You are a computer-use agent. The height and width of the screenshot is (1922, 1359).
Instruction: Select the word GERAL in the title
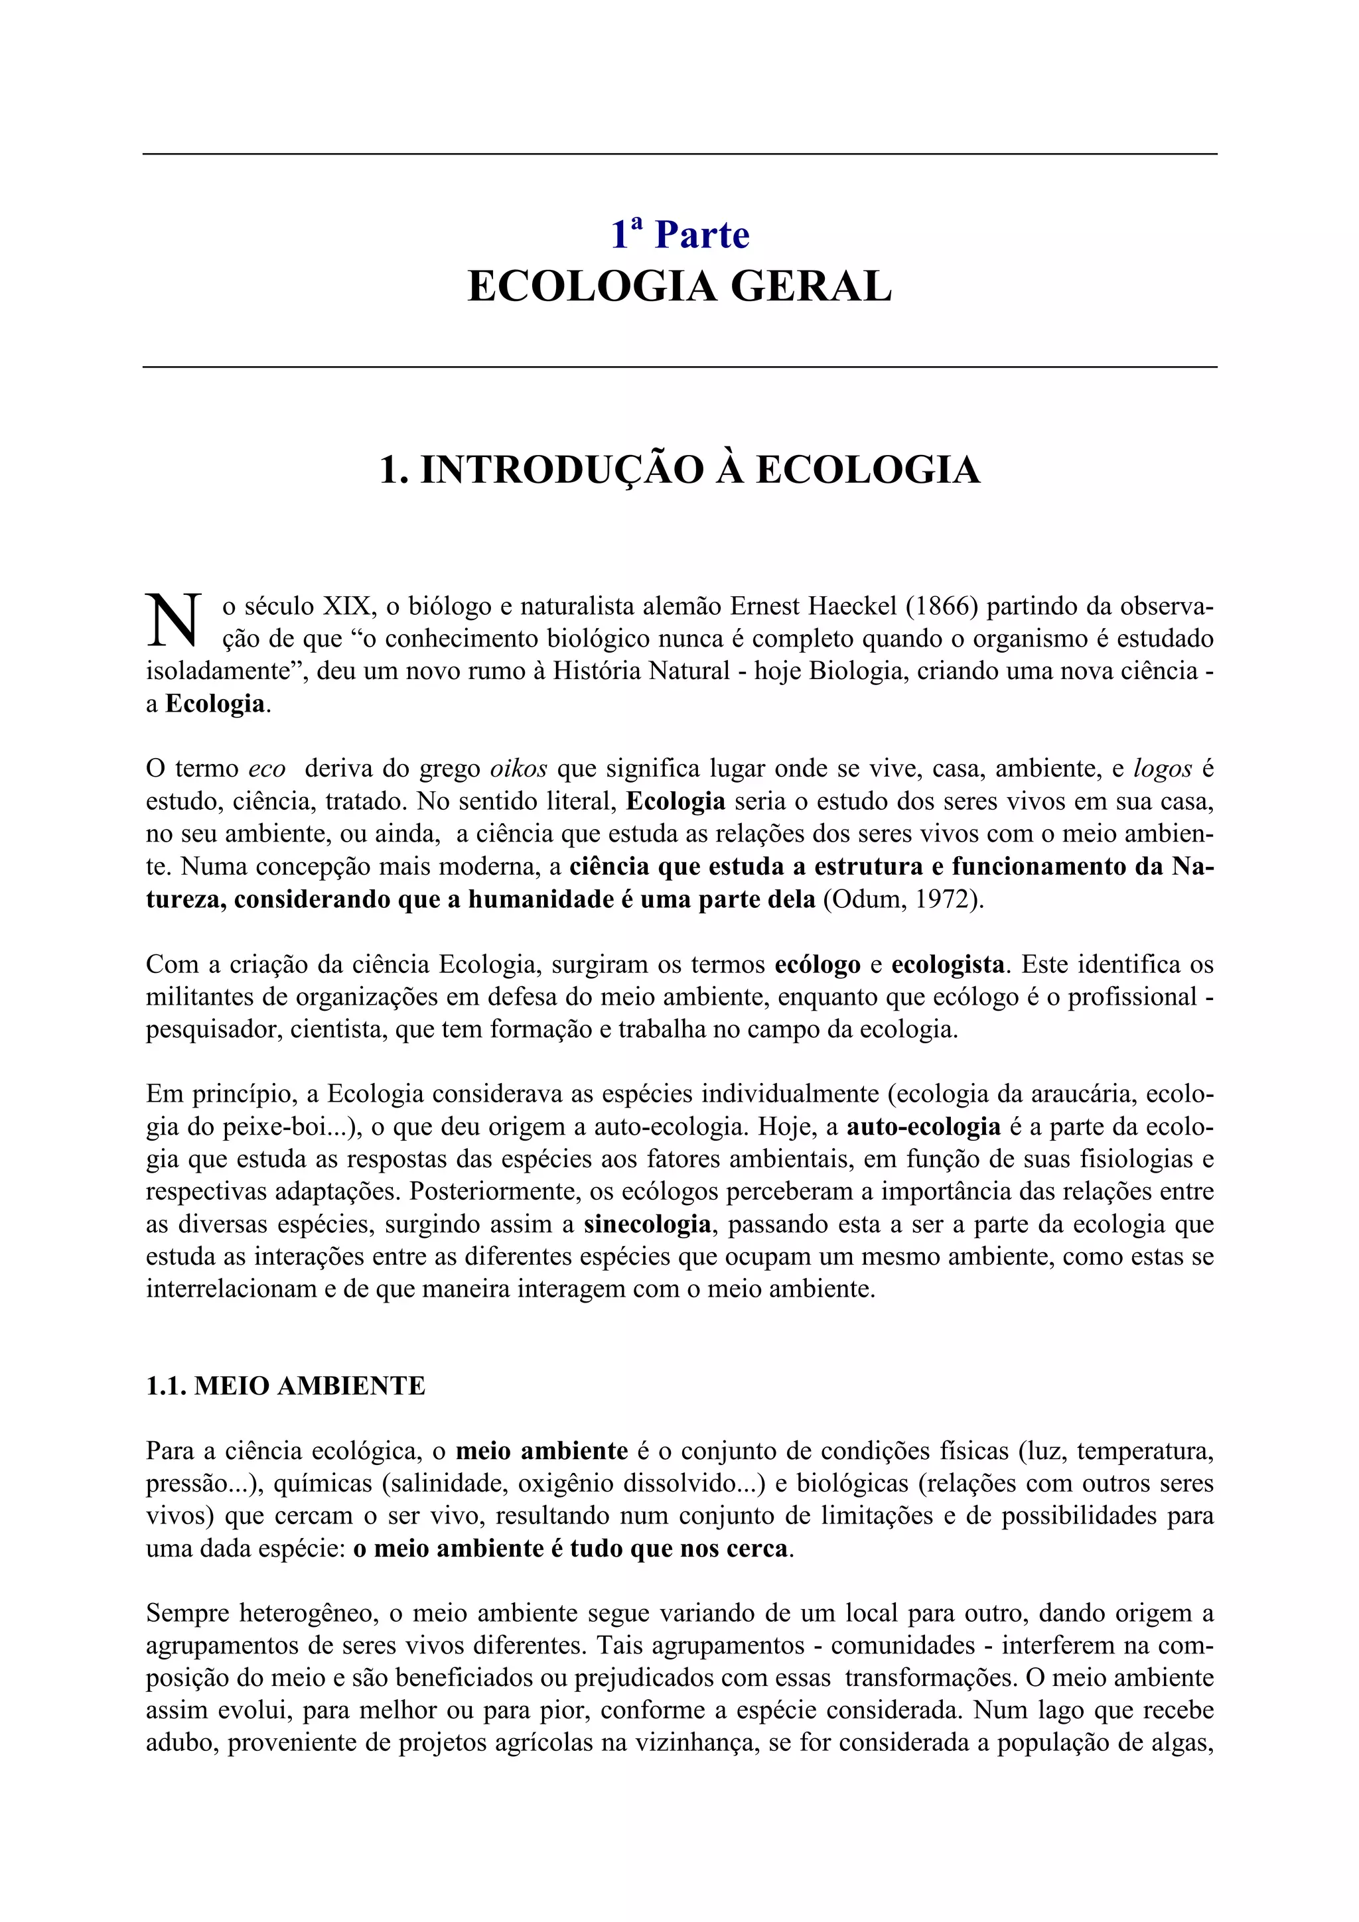click(x=810, y=287)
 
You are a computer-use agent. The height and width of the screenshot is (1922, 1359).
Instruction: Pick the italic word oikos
click(x=518, y=769)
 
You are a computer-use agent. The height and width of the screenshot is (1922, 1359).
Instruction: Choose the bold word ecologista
click(x=947, y=964)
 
